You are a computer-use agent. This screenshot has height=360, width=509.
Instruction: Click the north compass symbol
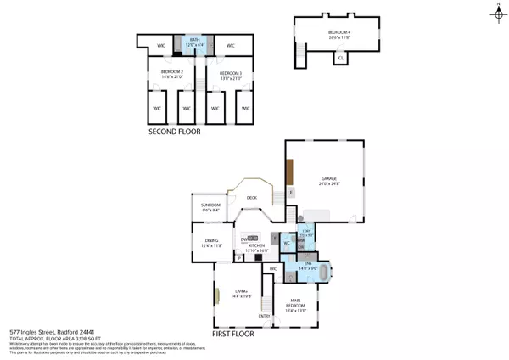(x=497, y=10)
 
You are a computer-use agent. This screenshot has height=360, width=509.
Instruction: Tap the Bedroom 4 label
(x=339, y=35)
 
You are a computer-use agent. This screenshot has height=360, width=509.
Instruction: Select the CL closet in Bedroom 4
(x=340, y=58)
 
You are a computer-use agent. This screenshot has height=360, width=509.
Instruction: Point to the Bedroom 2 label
(x=173, y=74)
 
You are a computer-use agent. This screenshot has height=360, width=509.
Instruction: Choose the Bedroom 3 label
(x=230, y=74)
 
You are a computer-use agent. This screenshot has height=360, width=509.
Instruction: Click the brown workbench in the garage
(x=290, y=174)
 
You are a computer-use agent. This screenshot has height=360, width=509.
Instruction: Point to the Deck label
(x=251, y=198)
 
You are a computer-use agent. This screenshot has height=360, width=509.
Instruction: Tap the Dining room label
(x=211, y=242)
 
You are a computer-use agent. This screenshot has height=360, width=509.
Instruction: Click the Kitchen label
(x=256, y=248)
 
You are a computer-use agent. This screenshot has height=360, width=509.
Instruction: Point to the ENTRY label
(x=264, y=317)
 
